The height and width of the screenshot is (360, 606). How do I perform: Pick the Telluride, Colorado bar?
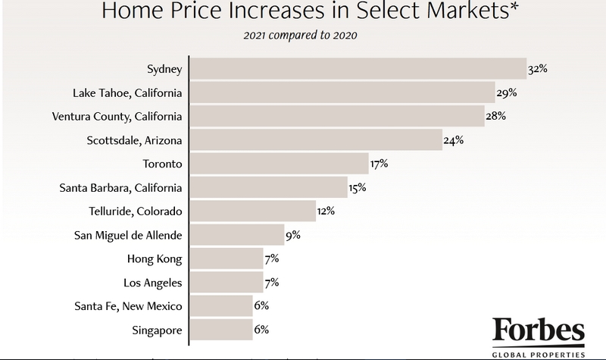(x=253, y=210)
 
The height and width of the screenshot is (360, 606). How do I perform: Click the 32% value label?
(x=537, y=69)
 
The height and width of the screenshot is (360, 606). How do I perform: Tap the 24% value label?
(x=454, y=139)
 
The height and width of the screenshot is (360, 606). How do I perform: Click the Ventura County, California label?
(x=117, y=116)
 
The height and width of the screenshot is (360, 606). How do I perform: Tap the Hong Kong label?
(x=155, y=258)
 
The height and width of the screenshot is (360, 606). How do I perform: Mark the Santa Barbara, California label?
(x=121, y=187)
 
